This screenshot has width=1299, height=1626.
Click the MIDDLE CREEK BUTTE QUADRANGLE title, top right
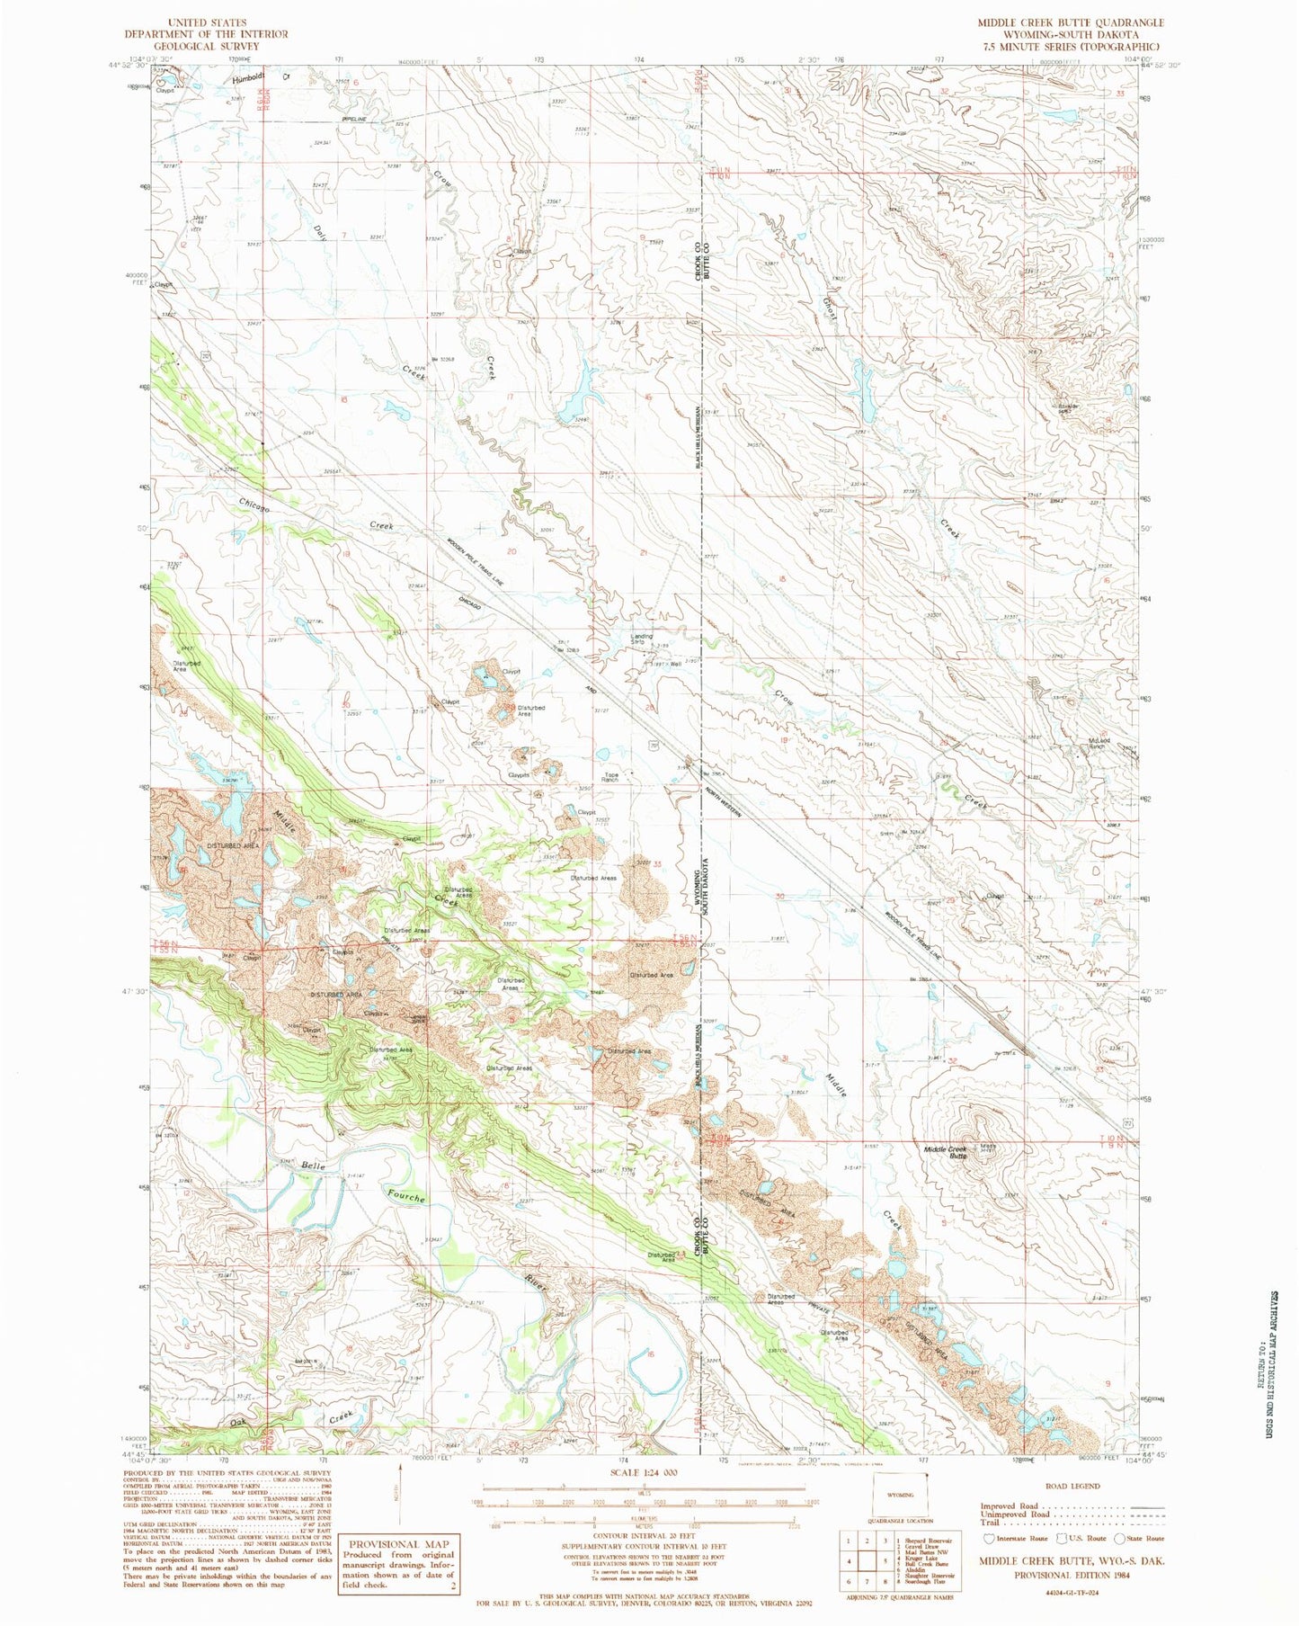pyautogui.click(x=1071, y=22)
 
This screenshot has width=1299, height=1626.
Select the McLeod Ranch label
pyautogui.click(x=1099, y=744)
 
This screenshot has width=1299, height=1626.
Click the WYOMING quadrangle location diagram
pyautogui.click(x=900, y=1495)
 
